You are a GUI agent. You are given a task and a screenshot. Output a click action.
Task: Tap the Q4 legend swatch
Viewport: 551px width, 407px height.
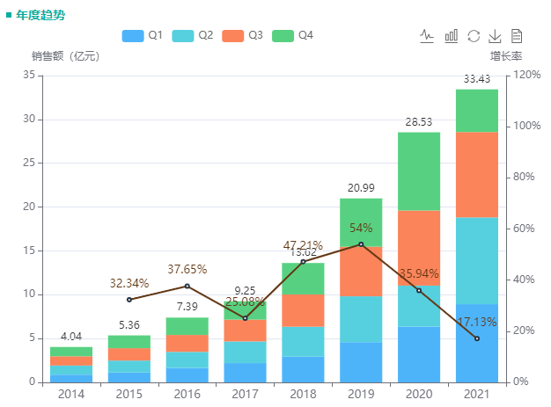(x=283, y=36)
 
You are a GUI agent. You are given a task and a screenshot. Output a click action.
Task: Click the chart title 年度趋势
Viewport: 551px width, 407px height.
(x=39, y=15)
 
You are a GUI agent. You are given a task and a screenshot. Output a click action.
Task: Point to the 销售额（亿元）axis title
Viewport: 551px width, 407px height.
(x=65, y=56)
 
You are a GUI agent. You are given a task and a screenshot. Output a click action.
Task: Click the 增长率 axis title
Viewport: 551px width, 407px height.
(x=506, y=56)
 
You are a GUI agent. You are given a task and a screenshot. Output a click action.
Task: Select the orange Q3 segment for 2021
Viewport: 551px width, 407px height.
(x=477, y=174)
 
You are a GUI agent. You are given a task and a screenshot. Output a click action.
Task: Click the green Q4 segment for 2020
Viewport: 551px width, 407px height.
(x=419, y=171)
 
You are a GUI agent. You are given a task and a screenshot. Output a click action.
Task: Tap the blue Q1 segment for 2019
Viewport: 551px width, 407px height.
(x=361, y=361)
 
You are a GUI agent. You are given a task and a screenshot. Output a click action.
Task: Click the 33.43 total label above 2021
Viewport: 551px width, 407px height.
(x=477, y=80)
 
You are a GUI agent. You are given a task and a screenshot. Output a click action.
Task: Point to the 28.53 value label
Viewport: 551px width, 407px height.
(x=419, y=122)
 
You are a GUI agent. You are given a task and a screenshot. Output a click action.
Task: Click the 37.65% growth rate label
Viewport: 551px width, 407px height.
(x=187, y=270)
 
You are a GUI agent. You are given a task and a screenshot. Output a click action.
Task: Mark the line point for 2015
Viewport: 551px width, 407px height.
(x=129, y=300)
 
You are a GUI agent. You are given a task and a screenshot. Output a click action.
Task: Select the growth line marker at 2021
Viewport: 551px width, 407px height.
(x=477, y=338)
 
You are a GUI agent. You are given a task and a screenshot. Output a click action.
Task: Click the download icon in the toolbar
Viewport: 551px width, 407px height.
(x=495, y=36)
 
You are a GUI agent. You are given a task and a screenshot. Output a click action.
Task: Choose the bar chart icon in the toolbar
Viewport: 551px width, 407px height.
(x=451, y=36)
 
